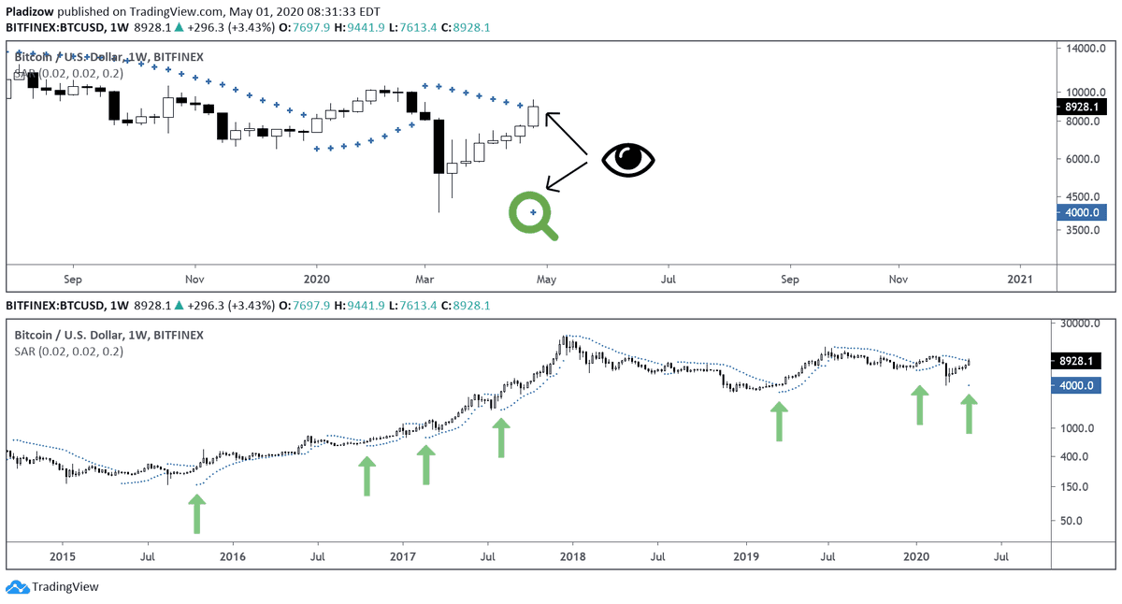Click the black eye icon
[x=628, y=160]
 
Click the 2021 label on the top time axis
[x=1021, y=279]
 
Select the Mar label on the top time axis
[x=426, y=279]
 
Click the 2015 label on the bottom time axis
[x=62, y=556]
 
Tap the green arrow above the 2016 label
[x=196, y=513]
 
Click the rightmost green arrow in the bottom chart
[x=969, y=413]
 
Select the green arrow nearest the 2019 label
[x=778, y=421]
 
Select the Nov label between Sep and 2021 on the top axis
[x=899, y=279]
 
